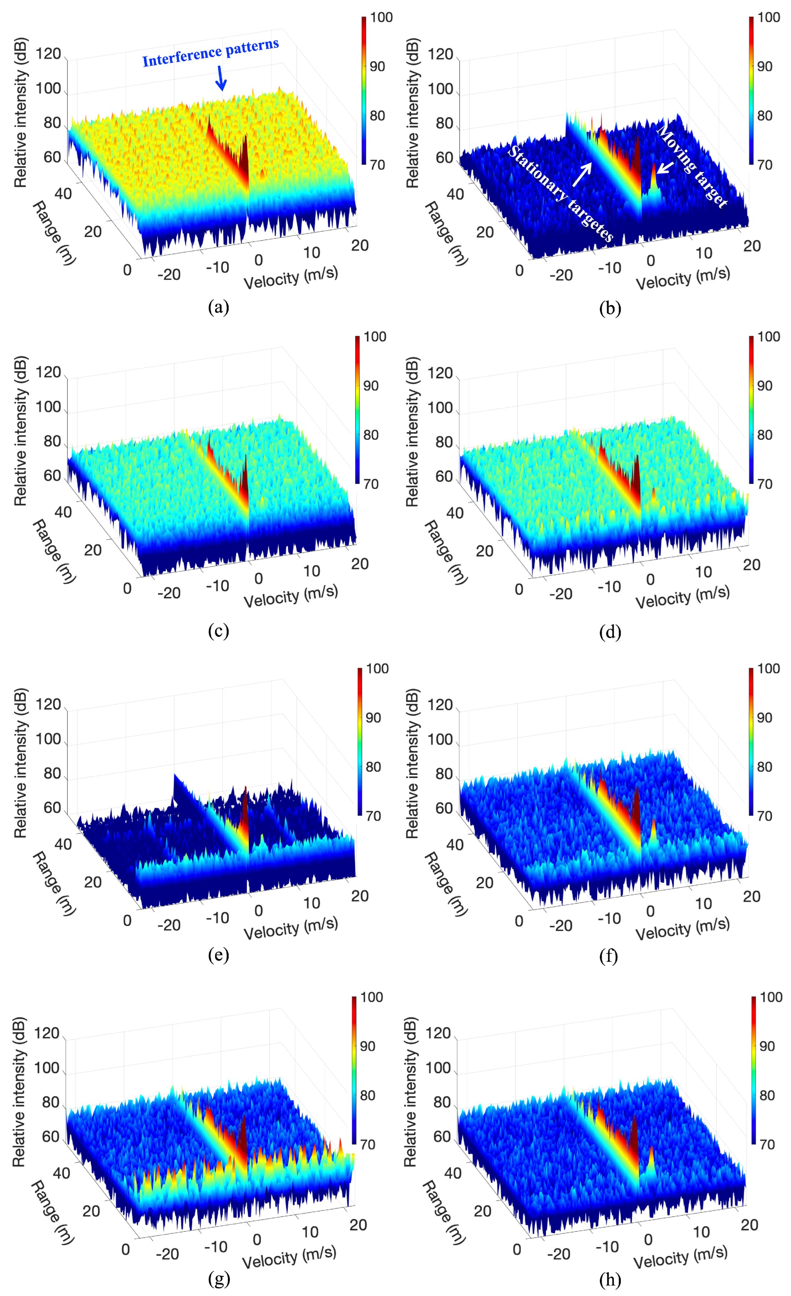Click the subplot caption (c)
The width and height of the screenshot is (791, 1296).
(x=218, y=631)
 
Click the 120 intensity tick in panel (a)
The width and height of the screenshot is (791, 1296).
(x=49, y=54)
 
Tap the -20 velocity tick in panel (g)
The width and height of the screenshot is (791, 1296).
(x=167, y=1254)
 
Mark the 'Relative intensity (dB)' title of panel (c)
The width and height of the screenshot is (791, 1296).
(x=20, y=431)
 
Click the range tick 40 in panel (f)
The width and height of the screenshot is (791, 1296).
(x=455, y=845)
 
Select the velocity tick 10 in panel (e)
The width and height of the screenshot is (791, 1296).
(x=312, y=903)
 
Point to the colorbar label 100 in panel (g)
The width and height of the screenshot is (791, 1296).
(x=372, y=997)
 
